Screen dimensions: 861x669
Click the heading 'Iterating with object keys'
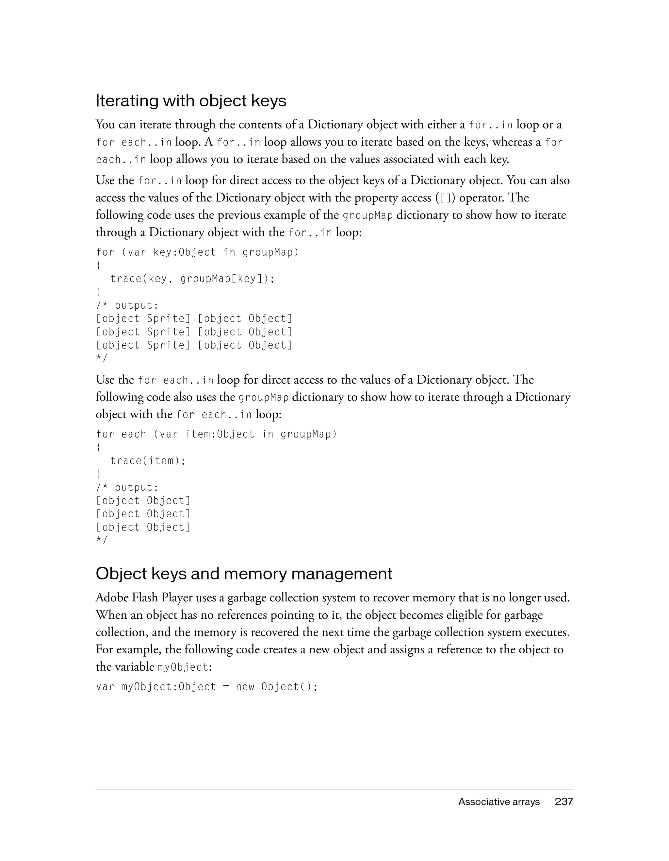coord(191,101)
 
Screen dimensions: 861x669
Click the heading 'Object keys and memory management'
coord(244,574)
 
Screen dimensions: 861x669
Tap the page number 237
coord(564,801)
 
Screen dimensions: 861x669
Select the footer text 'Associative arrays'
coord(498,802)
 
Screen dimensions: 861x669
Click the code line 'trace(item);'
coord(148,461)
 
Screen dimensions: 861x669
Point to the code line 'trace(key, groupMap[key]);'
coord(192,279)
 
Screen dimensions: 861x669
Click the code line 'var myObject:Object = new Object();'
coord(207,687)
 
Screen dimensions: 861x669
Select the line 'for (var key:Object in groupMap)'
coord(197,252)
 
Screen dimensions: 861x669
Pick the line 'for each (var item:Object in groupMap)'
coord(217,435)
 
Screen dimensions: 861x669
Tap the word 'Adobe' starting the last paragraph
coord(112,598)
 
